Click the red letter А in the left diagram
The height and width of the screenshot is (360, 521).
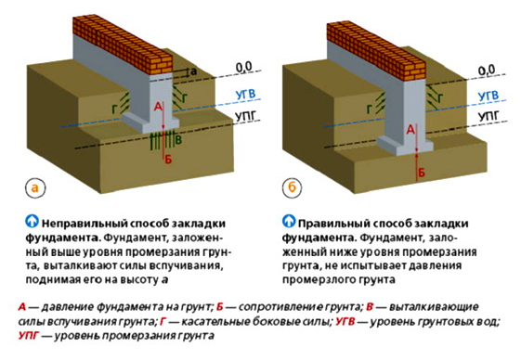[159, 108]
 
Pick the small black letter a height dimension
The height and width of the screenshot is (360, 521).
[193, 71]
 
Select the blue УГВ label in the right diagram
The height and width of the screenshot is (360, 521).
[486, 95]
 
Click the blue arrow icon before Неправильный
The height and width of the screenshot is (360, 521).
[33, 224]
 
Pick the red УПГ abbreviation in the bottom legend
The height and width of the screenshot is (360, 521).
[29, 336]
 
